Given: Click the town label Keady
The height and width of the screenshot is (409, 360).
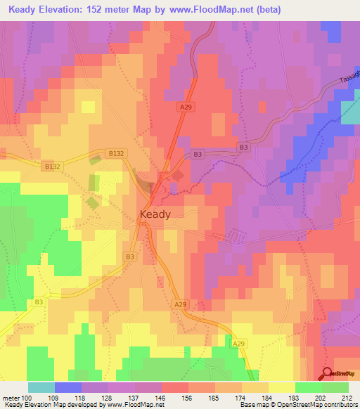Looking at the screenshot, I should tap(155, 215).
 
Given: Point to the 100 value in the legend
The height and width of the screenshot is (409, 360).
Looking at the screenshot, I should tap(27, 397).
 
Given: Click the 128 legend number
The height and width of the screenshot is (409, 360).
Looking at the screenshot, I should tap(108, 397).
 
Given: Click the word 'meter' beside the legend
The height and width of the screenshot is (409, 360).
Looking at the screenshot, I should tap(11, 397).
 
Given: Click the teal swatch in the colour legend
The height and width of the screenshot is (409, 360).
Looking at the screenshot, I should tap(41, 387).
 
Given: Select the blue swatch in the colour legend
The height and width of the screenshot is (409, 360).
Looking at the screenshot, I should tap(67, 387).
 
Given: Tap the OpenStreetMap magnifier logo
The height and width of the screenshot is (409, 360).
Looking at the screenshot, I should tap(328, 374).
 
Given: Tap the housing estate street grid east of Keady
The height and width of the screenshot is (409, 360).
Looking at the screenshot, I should tap(235, 236).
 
